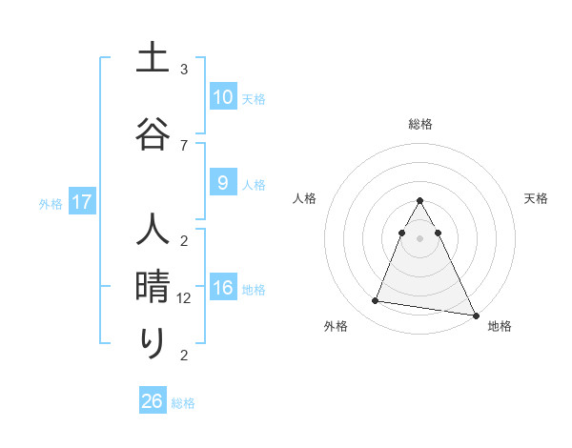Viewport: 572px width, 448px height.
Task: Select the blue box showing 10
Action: coord(223,97)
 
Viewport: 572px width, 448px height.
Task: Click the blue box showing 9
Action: coord(223,184)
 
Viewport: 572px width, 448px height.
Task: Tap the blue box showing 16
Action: coord(223,289)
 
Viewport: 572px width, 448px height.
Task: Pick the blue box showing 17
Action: coord(82,202)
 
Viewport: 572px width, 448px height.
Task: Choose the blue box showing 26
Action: coord(153,401)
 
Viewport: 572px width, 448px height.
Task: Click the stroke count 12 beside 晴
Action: coord(186,298)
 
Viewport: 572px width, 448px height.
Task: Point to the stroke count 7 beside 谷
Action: coord(184,145)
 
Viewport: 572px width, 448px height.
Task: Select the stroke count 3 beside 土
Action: coord(184,70)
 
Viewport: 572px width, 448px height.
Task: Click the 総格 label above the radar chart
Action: coord(420,124)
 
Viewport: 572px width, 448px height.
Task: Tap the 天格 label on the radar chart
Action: coord(536,198)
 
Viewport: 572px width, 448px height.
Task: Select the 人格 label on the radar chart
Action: coord(305,198)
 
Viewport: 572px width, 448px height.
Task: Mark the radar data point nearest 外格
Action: coord(376,301)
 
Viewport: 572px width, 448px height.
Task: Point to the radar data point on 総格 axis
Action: coord(420,201)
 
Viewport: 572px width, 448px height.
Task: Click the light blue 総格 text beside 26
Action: coord(183,402)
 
